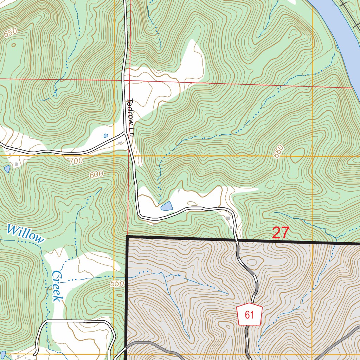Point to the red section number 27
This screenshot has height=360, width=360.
280,233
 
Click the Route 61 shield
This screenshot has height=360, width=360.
250,314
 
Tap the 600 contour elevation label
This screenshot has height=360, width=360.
96,174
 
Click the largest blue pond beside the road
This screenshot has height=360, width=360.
167,206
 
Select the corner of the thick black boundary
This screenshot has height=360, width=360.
127,237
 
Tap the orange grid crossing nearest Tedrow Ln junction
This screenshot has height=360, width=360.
115,155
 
